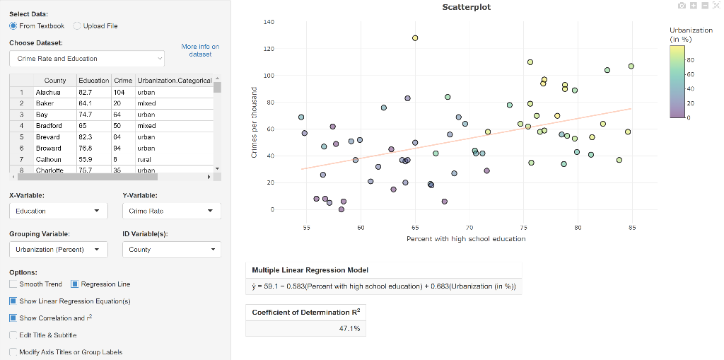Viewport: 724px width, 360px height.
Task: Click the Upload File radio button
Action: click(78, 26)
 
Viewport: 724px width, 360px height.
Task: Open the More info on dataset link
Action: click(200, 50)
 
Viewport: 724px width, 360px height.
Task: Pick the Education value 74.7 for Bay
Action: click(85, 114)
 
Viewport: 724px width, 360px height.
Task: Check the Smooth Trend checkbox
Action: click(14, 284)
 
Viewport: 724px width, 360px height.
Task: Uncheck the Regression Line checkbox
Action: click(76, 284)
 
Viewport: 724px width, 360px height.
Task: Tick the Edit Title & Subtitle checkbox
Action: click(14, 335)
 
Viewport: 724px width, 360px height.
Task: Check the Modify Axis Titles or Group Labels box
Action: click(14, 352)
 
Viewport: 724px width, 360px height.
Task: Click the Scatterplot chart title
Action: click(466, 7)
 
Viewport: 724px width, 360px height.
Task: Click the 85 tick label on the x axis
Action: click(632, 228)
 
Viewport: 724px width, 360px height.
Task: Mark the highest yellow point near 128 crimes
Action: click(415, 38)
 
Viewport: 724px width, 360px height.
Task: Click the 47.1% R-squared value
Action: click(350, 328)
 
